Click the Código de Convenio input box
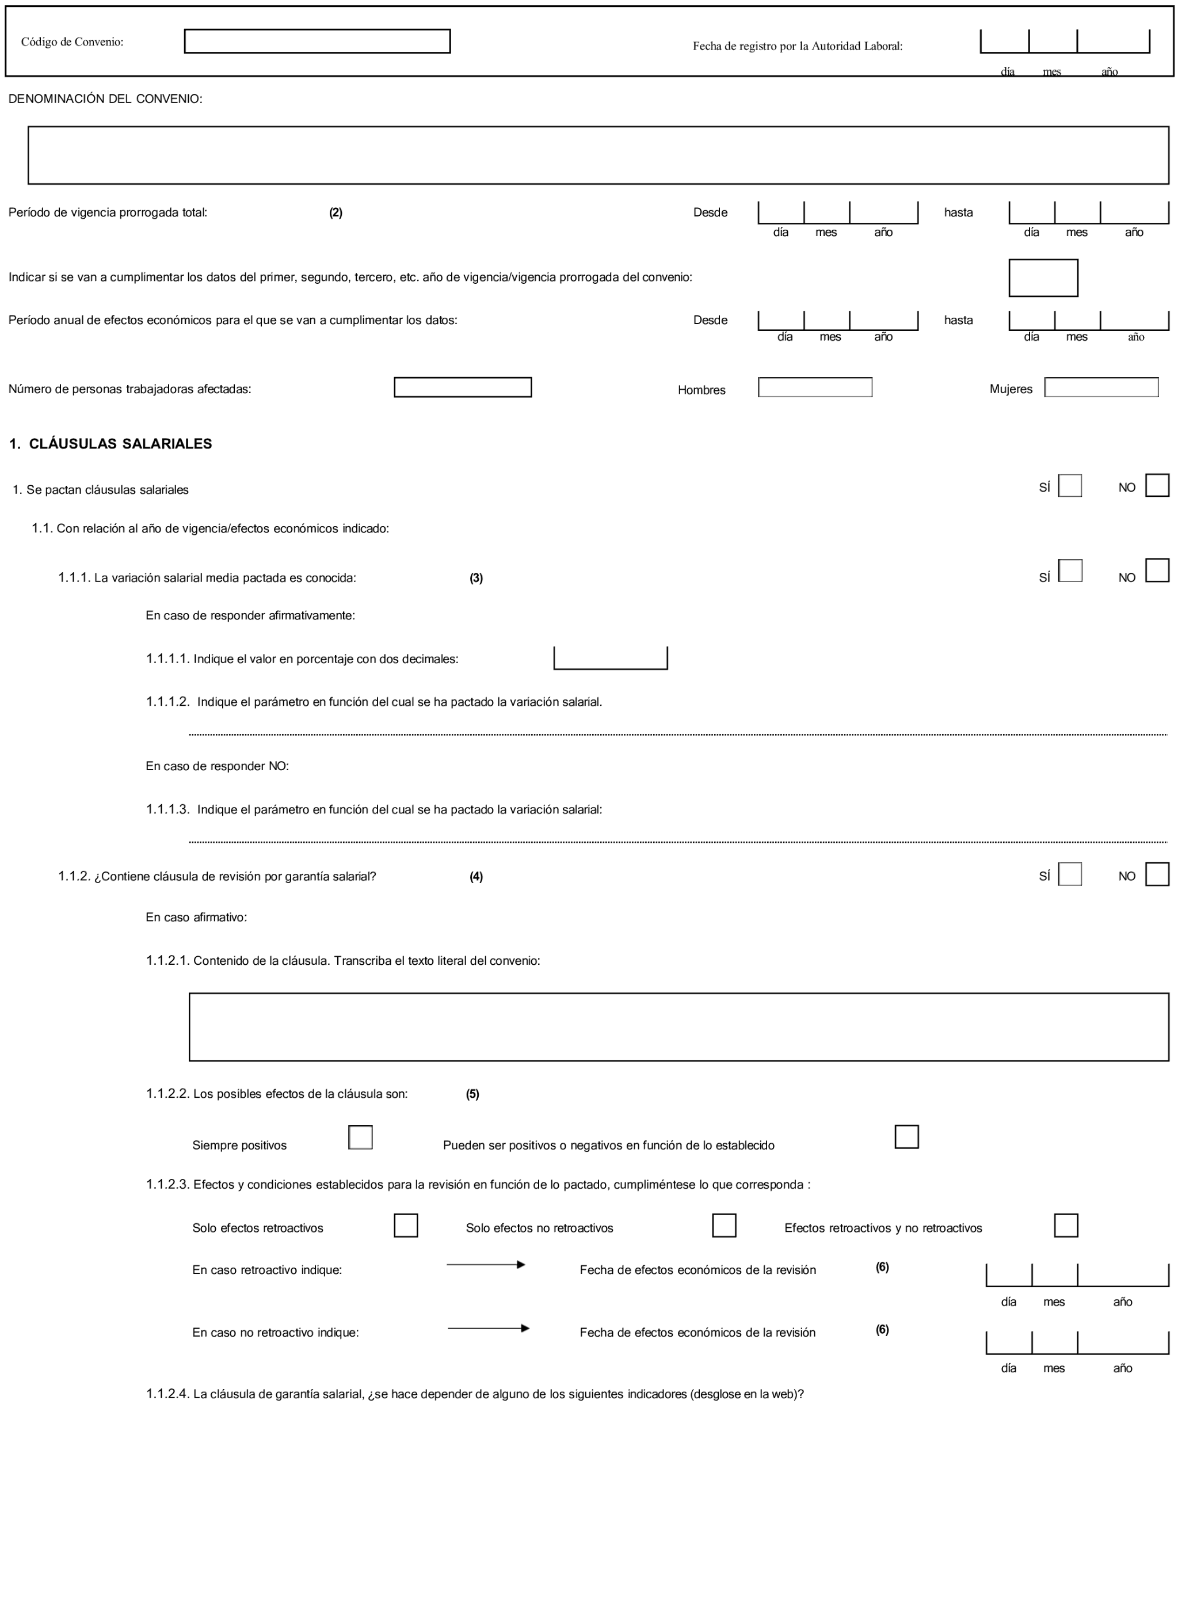coord(317,41)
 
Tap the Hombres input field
coord(814,387)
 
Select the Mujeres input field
coord(1101,387)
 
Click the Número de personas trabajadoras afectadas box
coord(462,387)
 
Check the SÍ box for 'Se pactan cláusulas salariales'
coord(1070,486)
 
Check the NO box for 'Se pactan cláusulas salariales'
coord(1157,486)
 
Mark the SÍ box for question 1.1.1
coord(1070,570)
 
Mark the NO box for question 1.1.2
coord(1157,874)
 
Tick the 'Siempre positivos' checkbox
coord(360,1137)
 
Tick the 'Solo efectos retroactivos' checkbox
coord(405,1225)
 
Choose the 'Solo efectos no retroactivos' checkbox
coord(724,1225)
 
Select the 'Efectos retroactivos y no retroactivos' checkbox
coord(1065,1225)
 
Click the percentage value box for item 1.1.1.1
coord(611,657)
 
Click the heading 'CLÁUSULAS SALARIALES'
coord(120,443)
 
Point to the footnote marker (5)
coord(472,1094)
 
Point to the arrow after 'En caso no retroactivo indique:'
coord(488,1329)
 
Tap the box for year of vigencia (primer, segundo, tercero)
coord(1043,277)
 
